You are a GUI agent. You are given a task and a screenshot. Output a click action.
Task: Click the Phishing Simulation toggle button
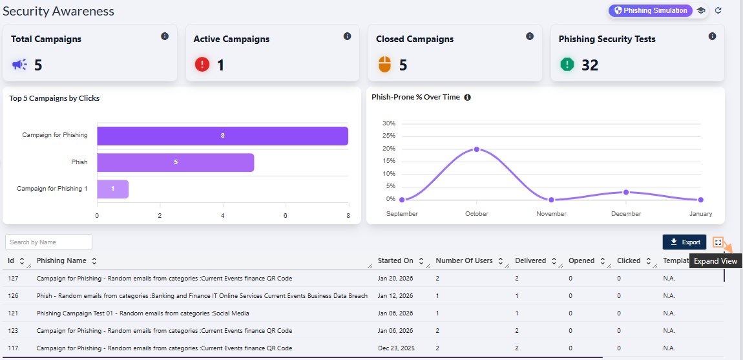tap(650, 10)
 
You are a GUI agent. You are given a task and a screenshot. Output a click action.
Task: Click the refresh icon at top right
tap(718, 10)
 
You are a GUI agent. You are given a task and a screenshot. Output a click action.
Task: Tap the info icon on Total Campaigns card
tap(165, 36)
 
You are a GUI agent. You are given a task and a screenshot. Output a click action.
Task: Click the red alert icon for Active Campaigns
tap(202, 65)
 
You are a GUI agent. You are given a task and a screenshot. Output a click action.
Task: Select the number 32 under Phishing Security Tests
tap(589, 65)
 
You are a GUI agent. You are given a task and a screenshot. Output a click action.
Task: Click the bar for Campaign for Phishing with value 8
tap(222, 136)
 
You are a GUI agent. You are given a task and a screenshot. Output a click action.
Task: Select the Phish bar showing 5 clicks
tap(175, 162)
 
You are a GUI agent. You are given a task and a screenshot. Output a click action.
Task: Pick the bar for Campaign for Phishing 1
tap(113, 189)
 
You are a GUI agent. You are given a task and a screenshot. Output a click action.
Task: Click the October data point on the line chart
tap(477, 149)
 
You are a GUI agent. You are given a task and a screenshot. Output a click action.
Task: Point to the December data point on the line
tap(626, 192)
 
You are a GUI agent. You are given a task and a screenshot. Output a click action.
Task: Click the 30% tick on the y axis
tap(389, 123)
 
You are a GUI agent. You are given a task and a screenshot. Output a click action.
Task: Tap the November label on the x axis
tap(551, 214)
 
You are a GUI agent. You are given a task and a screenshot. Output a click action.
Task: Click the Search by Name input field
tap(48, 242)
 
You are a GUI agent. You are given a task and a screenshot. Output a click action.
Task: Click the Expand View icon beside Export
tap(718, 242)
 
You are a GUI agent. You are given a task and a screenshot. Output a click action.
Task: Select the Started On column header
tap(395, 261)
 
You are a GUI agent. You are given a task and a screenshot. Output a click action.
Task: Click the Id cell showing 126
tap(13, 296)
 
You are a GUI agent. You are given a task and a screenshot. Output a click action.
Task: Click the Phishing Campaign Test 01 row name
tap(143, 313)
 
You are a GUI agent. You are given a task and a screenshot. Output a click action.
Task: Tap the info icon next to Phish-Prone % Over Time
tap(467, 98)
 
